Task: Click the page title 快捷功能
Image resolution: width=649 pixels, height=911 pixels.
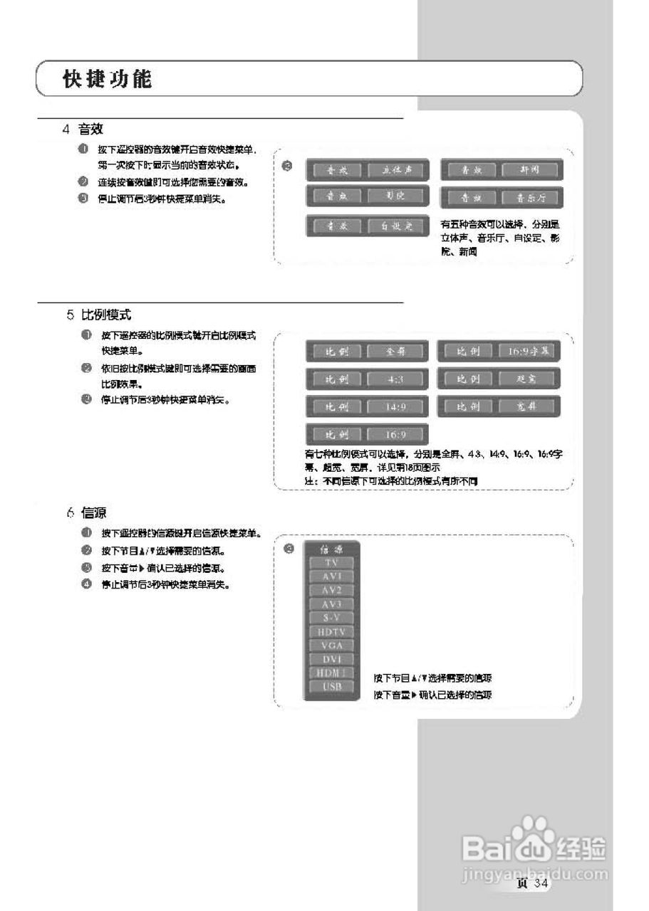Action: click(108, 79)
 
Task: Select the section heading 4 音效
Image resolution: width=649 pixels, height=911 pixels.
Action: click(83, 129)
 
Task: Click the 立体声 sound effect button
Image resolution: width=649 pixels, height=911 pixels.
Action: click(397, 170)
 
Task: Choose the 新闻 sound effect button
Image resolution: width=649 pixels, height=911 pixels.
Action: click(530, 170)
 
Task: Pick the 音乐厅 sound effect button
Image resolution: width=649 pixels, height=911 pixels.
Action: click(530, 197)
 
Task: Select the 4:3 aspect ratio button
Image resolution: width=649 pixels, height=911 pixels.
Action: click(396, 379)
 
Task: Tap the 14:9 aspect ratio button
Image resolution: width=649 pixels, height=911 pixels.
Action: click(396, 407)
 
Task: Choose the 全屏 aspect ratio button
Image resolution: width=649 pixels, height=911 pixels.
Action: click(396, 352)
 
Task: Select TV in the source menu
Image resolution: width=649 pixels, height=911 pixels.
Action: click(332, 562)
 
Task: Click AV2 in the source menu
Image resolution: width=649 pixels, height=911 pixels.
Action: click(332, 590)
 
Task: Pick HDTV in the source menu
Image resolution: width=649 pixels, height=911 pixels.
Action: click(332, 631)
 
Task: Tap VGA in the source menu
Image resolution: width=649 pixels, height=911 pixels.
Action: click(332, 646)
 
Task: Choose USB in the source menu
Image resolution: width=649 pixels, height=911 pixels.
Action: click(332, 687)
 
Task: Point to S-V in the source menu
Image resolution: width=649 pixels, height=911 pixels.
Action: click(332, 618)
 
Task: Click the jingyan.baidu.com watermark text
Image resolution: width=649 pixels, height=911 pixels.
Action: click(535, 873)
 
